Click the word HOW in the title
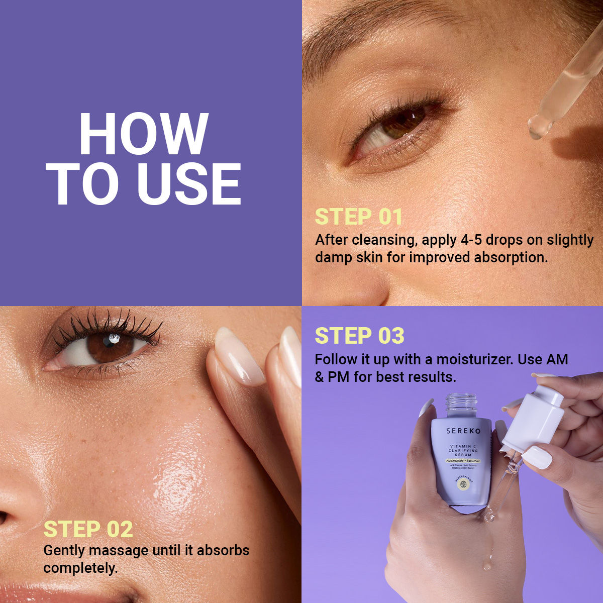click(x=144, y=135)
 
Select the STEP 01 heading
click(x=359, y=217)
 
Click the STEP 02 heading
click(x=88, y=529)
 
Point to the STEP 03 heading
click(x=359, y=336)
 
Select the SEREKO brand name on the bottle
click(x=463, y=431)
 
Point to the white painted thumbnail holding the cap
click(x=537, y=458)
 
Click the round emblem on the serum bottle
click(x=463, y=483)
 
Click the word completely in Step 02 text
click(x=80, y=568)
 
